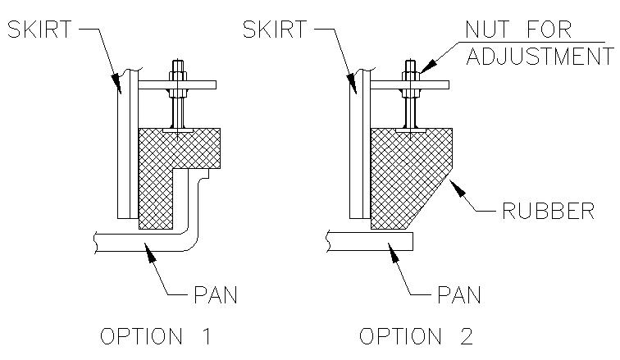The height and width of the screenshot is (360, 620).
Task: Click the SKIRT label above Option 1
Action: (x=39, y=30)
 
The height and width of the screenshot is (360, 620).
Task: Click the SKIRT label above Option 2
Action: (x=275, y=30)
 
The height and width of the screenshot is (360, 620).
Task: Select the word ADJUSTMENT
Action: (x=540, y=56)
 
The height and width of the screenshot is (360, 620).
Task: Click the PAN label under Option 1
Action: (x=216, y=294)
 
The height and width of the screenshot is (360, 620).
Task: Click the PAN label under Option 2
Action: (x=459, y=294)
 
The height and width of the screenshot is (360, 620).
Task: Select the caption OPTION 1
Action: (x=155, y=336)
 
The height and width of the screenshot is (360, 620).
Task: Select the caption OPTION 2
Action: (x=416, y=336)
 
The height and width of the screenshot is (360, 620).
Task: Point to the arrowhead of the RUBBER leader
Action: (x=458, y=188)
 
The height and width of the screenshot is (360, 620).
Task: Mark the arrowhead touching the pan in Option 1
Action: (x=149, y=251)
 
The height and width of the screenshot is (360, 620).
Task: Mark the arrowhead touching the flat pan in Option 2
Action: (x=393, y=251)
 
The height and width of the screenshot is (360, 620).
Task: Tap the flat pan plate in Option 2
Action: (x=370, y=241)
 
